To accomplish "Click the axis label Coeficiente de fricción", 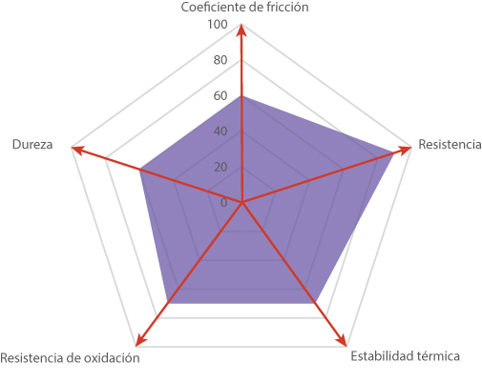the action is [244, 7].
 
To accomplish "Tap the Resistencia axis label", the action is [450, 144].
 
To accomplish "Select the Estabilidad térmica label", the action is [405, 356].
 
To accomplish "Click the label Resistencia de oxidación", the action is [70, 358].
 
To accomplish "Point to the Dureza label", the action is [32, 144].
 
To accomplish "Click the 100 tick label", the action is [218, 24].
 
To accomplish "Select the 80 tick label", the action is [220, 60].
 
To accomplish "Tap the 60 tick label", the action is [220, 95].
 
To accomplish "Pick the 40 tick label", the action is [220, 131].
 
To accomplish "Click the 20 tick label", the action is [220, 167].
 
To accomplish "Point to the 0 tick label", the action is [224, 202].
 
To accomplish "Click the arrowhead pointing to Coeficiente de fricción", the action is [241, 30].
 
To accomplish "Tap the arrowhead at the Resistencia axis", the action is [404, 150].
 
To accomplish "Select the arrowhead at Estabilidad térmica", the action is [341, 339].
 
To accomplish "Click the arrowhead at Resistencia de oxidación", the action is [140, 339].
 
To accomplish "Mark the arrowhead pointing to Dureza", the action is [78, 150].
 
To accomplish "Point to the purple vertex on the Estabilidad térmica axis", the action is [316, 303].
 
